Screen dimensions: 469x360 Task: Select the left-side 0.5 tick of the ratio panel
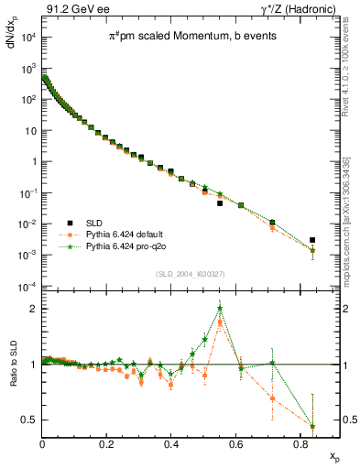(30, 420)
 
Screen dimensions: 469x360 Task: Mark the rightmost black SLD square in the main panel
(312, 240)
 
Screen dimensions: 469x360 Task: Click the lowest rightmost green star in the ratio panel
(312, 426)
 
